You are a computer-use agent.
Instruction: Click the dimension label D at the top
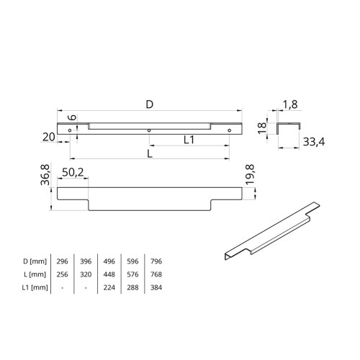coord(149,104)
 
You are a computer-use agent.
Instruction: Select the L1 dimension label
coord(189,140)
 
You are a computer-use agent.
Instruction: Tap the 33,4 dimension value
coord(312,142)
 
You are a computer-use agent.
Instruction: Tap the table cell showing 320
coord(85,274)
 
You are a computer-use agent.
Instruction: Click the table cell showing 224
coord(109,288)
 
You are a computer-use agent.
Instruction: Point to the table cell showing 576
coord(132,274)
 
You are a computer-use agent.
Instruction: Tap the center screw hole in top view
coord(149,130)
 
